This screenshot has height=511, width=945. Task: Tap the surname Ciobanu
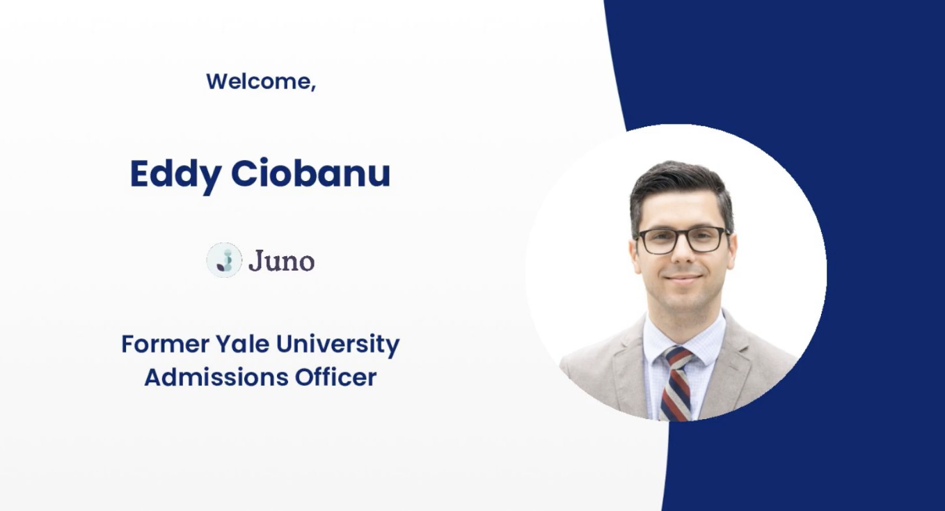click(310, 173)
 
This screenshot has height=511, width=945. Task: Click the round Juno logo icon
click(224, 260)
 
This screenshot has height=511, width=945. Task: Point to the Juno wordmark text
click(281, 261)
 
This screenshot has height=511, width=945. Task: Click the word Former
click(166, 344)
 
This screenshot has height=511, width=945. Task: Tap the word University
click(338, 345)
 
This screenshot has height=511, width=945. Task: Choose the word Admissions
click(216, 377)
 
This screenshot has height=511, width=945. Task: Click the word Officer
click(335, 377)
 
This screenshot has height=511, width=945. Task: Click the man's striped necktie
click(676, 384)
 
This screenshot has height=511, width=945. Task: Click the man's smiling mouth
click(683, 279)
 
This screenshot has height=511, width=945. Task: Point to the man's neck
click(684, 321)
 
